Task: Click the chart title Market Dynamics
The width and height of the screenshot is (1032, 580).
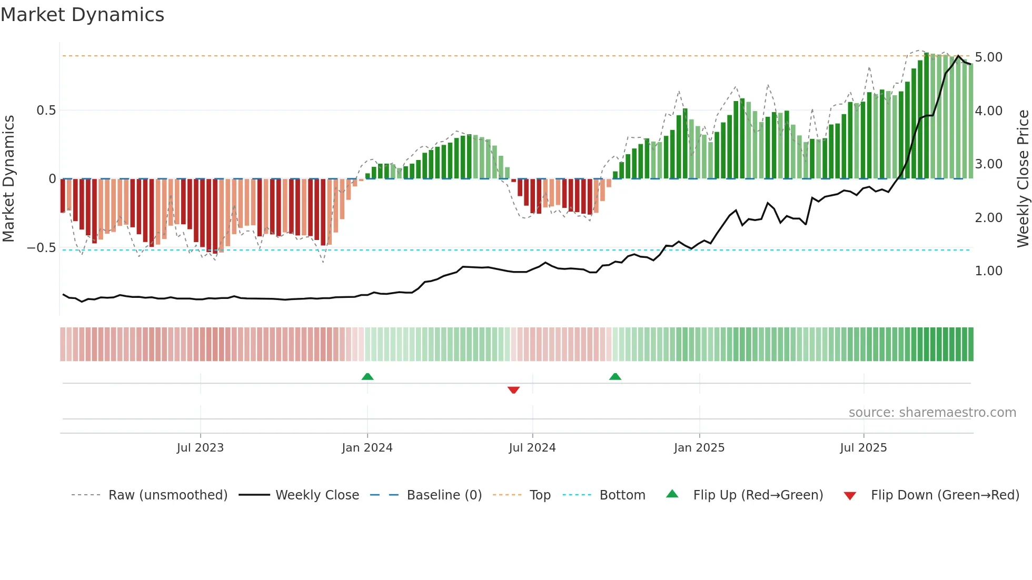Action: tap(82, 15)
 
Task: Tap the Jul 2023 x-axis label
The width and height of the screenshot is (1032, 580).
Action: tap(200, 448)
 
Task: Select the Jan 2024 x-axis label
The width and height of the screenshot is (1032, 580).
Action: tap(367, 448)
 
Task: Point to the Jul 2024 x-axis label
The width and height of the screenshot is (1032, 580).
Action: tap(532, 448)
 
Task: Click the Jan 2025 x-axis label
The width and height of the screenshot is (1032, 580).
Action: tap(699, 448)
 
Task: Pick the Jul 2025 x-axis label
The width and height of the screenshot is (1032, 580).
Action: tap(863, 448)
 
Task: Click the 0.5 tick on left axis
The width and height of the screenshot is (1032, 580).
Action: tap(46, 111)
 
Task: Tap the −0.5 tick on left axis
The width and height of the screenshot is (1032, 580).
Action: tap(41, 248)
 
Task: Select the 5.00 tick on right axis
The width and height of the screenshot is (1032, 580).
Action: tap(988, 57)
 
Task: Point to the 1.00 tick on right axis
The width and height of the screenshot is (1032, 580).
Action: tap(988, 271)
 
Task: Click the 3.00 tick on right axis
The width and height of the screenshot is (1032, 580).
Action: tap(988, 164)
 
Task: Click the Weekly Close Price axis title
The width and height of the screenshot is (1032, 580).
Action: tap(1023, 178)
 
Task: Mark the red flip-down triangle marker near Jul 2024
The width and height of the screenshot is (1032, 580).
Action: tap(513, 390)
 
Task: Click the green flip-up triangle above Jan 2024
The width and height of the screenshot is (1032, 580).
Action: tap(368, 376)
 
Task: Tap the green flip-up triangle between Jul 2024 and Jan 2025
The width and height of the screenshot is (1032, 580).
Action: tap(615, 376)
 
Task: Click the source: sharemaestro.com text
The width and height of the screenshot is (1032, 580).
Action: tap(932, 413)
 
